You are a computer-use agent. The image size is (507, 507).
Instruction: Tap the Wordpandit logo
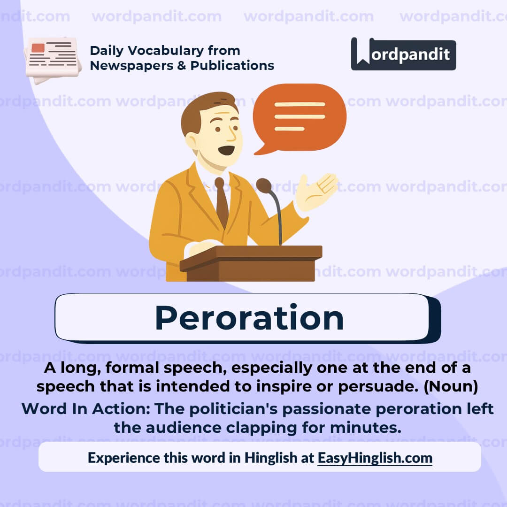click(403, 54)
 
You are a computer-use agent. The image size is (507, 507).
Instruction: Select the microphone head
click(264, 185)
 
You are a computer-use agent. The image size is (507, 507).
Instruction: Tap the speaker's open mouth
click(226, 150)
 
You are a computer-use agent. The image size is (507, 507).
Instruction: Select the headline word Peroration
click(249, 318)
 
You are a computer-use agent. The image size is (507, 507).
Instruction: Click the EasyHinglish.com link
click(375, 457)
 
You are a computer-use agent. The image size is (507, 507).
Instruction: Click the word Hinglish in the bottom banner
click(270, 457)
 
